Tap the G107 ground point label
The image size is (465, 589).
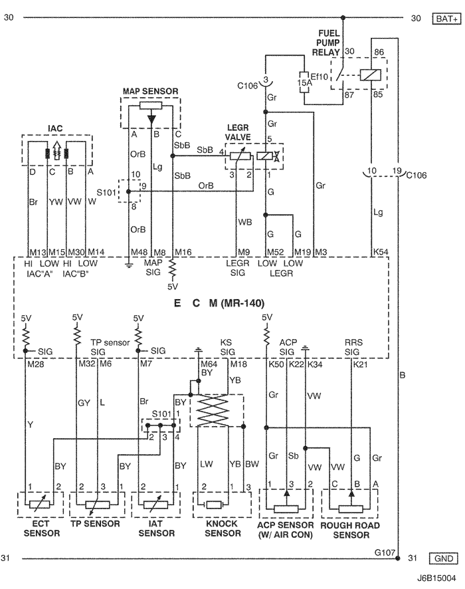click(385, 551)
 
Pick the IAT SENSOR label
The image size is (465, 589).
click(153, 529)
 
